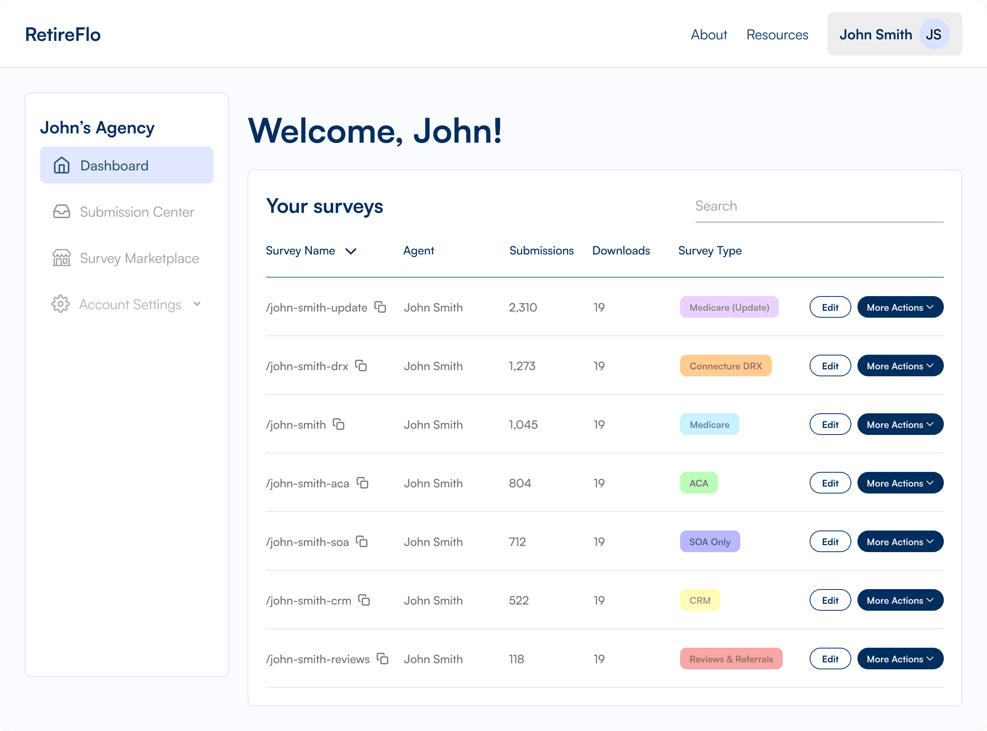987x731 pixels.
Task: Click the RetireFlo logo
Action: [63, 35]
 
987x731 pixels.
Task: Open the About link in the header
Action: [709, 35]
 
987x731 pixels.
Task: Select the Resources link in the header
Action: [777, 35]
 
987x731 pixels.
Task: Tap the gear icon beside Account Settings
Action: [61, 304]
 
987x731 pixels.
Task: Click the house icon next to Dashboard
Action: [61, 165]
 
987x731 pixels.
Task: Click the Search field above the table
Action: [819, 206]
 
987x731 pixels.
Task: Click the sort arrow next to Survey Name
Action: [351, 251]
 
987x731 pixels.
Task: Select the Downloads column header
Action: [621, 251]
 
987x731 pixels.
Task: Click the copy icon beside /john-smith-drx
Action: [361, 366]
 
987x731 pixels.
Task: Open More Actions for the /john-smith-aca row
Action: [900, 483]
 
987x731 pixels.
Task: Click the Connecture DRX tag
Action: [726, 366]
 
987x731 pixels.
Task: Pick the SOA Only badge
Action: [710, 542]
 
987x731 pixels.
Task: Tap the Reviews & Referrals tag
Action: [731, 659]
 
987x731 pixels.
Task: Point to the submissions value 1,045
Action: [523, 425]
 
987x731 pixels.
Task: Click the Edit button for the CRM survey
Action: [830, 600]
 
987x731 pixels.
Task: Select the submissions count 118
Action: [516, 659]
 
